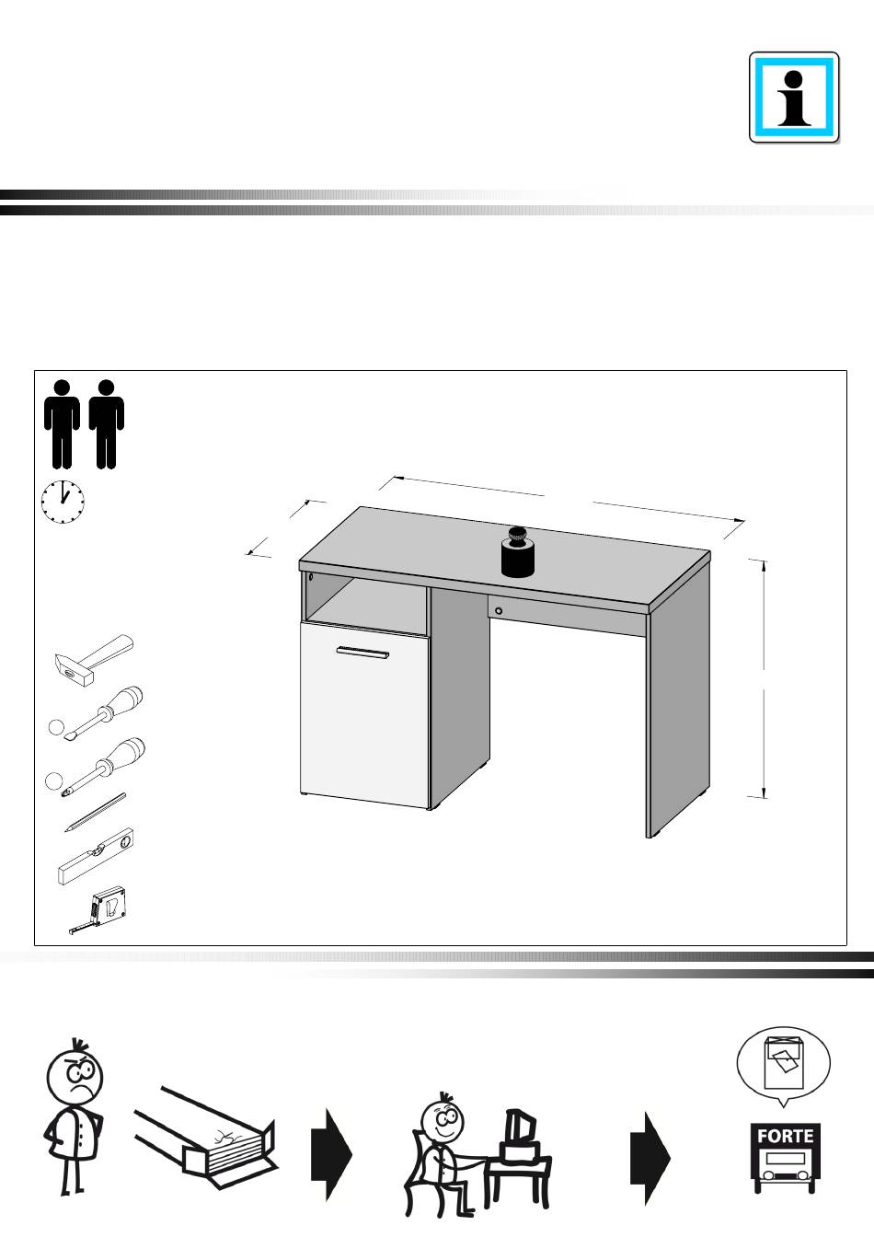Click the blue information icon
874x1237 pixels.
coord(794,98)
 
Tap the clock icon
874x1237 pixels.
coord(63,502)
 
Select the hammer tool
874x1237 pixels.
coord(94,660)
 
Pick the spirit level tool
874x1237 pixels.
coord(95,857)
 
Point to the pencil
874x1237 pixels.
coord(95,812)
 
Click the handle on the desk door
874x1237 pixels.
coord(362,653)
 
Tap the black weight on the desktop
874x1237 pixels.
coord(519,551)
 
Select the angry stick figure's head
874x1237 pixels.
coord(75,1074)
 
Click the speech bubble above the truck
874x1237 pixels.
coord(784,1062)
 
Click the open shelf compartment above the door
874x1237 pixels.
coord(365,603)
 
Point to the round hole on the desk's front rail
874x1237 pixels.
coord(499,611)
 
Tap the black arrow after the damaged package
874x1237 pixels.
coord(331,1154)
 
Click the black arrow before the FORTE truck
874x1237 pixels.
coord(650,1158)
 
